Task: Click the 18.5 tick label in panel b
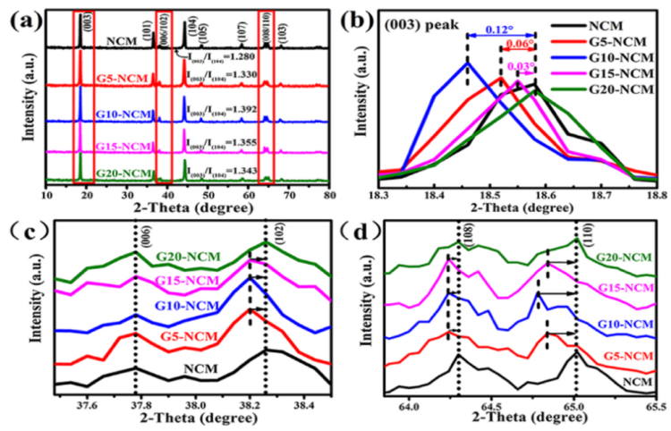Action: [x=489, y=193]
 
